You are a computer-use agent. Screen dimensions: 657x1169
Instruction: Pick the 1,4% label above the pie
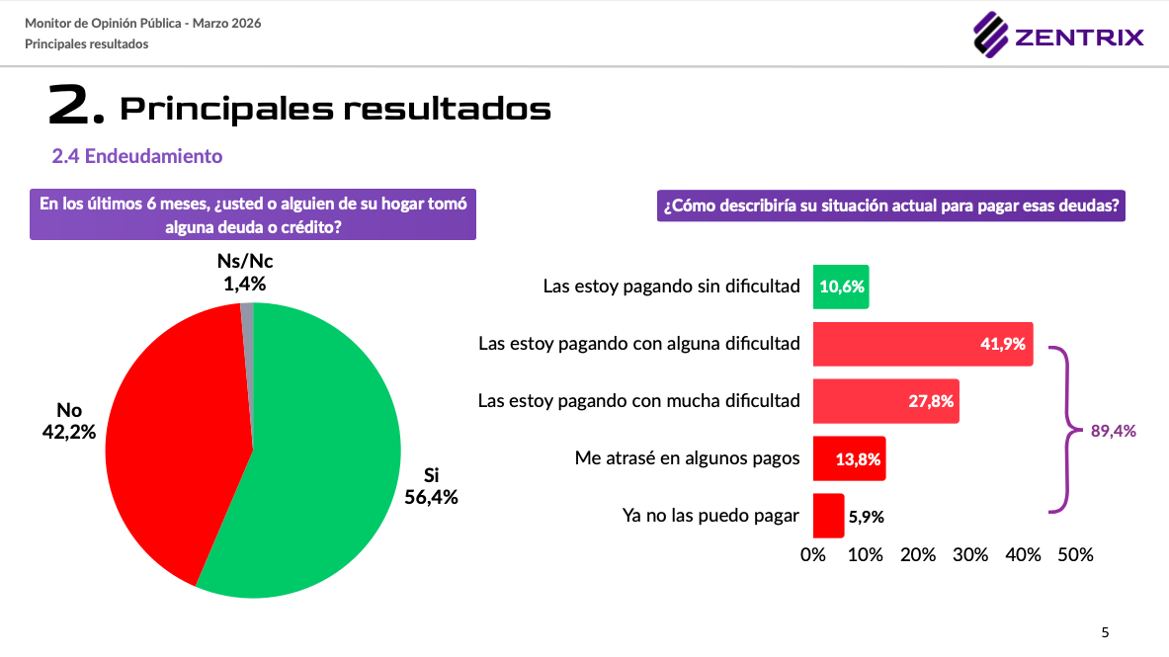point(244,284)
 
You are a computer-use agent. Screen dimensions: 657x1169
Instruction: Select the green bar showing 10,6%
point(841,287)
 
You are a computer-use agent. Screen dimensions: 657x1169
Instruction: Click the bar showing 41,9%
point(922,344)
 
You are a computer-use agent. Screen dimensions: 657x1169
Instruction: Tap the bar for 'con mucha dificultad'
point(885,401)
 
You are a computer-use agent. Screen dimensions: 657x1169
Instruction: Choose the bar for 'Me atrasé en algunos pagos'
point(849,458)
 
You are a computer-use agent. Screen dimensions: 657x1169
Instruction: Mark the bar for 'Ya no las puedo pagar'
point(828,516)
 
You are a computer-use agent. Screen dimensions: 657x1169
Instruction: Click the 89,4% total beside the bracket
point(1114,431)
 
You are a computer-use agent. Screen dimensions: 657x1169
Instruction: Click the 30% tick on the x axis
point(970,554)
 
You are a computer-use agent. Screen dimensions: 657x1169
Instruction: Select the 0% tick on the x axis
point(812,554)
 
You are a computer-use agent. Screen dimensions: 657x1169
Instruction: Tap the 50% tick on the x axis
point(1075,554)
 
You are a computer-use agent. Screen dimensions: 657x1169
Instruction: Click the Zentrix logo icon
point(990,37)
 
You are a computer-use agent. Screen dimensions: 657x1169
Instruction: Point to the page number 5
point(1105,632)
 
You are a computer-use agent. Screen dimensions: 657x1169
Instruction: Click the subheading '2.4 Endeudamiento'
point(137,156)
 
